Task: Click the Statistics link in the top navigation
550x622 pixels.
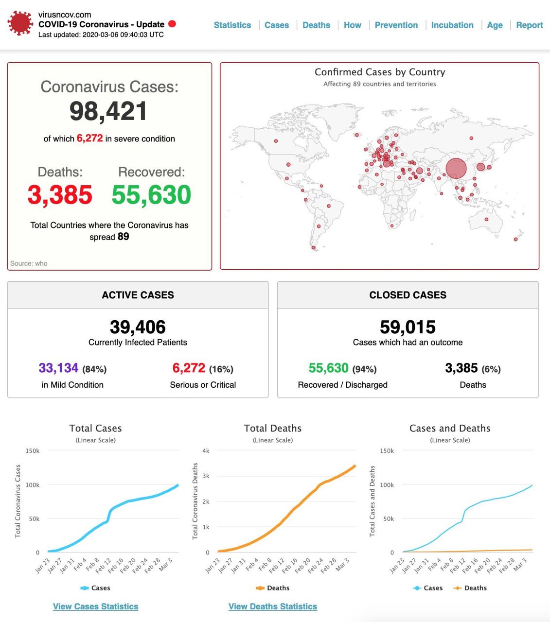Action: pyautogui.click(x=232, y=25)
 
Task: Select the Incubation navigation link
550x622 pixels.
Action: pyautogui.click(x=452, y=25)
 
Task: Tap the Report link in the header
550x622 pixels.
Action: pyautogui.click(x=529, y=25)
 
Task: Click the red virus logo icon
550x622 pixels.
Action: pyautogui.click(x=20, y=23)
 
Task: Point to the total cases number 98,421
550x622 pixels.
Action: pyautogui.click(x=108, y=111)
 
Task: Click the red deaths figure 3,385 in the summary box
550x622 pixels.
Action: pyautogui.click(x=60, y=195)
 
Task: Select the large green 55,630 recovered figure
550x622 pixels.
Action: pyautogui.click(x=151, y=195)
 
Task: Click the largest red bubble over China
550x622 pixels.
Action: pyautogui.click(x=456, y=169)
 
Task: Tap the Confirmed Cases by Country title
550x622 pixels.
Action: pyautogui.click(x=380, y=72)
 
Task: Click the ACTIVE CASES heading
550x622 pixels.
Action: pyautogui.click(x=138, y=295)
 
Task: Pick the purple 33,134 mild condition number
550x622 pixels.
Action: pyautogui.click(x=58, y=368)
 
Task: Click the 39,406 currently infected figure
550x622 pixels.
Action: pyautogui.click(x=138, y=327)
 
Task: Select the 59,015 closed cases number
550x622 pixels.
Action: pyautogui.click(x=408, y=327)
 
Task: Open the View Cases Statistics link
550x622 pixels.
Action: pyautogui.click(x=95, y=606)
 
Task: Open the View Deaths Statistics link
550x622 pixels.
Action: pyautogui.click(x=273, y=606)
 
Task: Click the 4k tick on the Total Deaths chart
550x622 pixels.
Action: pyautogui.click(x=206, y=451)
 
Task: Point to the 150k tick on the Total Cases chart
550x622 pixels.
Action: pyautogui.click(x=33, y=451)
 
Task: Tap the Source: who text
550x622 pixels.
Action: pyautogui.click(x=29, y=263)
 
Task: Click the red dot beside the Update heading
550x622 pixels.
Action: pyautogui.click(x=172, y=24)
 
